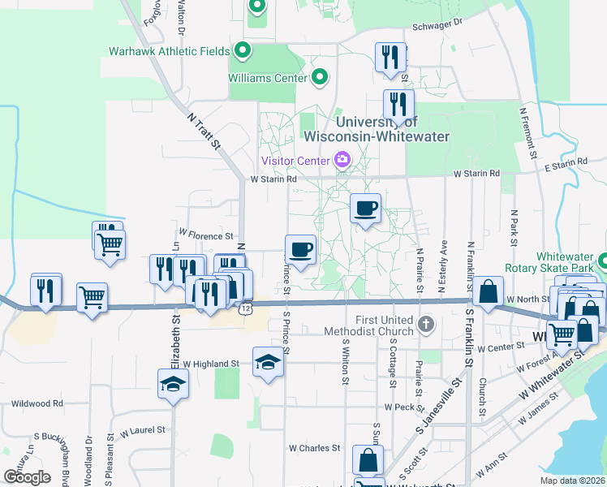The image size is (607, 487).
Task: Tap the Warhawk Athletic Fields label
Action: click(x=170, y=51)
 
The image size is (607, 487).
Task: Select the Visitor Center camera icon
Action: click(x=342, y=159)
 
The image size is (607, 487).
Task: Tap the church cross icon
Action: click(x=425, y=325)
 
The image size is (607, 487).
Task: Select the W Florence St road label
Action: click(x=206, y=235)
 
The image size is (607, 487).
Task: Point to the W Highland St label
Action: click(x=211, y=364)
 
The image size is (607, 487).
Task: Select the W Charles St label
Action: click(x=314, y=448)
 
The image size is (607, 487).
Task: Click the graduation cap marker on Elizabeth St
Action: click(x=173, y=383)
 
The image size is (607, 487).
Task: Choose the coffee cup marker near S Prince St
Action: click(x=300, y=250)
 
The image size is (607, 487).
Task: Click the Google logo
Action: click(x=27, y=477)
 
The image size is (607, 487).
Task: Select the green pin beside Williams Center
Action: click(x=320, y=77)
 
